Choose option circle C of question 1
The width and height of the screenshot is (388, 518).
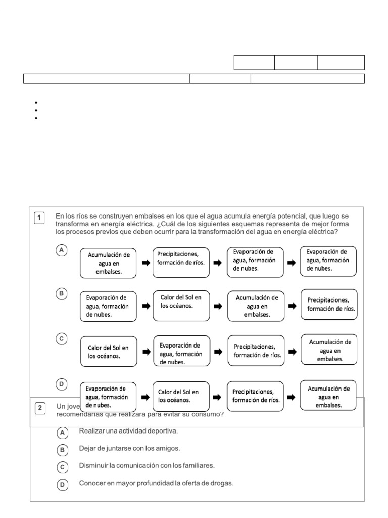61,340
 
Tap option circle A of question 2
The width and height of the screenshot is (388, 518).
62,433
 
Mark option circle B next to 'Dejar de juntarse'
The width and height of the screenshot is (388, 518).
62,450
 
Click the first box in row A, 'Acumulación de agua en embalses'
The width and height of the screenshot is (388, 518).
109,263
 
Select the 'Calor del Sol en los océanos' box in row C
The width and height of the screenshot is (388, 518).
108,351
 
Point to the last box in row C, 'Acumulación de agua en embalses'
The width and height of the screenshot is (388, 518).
329,350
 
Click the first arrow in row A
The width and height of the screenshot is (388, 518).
145,263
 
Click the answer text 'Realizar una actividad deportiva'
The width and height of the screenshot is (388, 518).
128,431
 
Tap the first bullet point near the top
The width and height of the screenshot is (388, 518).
37,102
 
